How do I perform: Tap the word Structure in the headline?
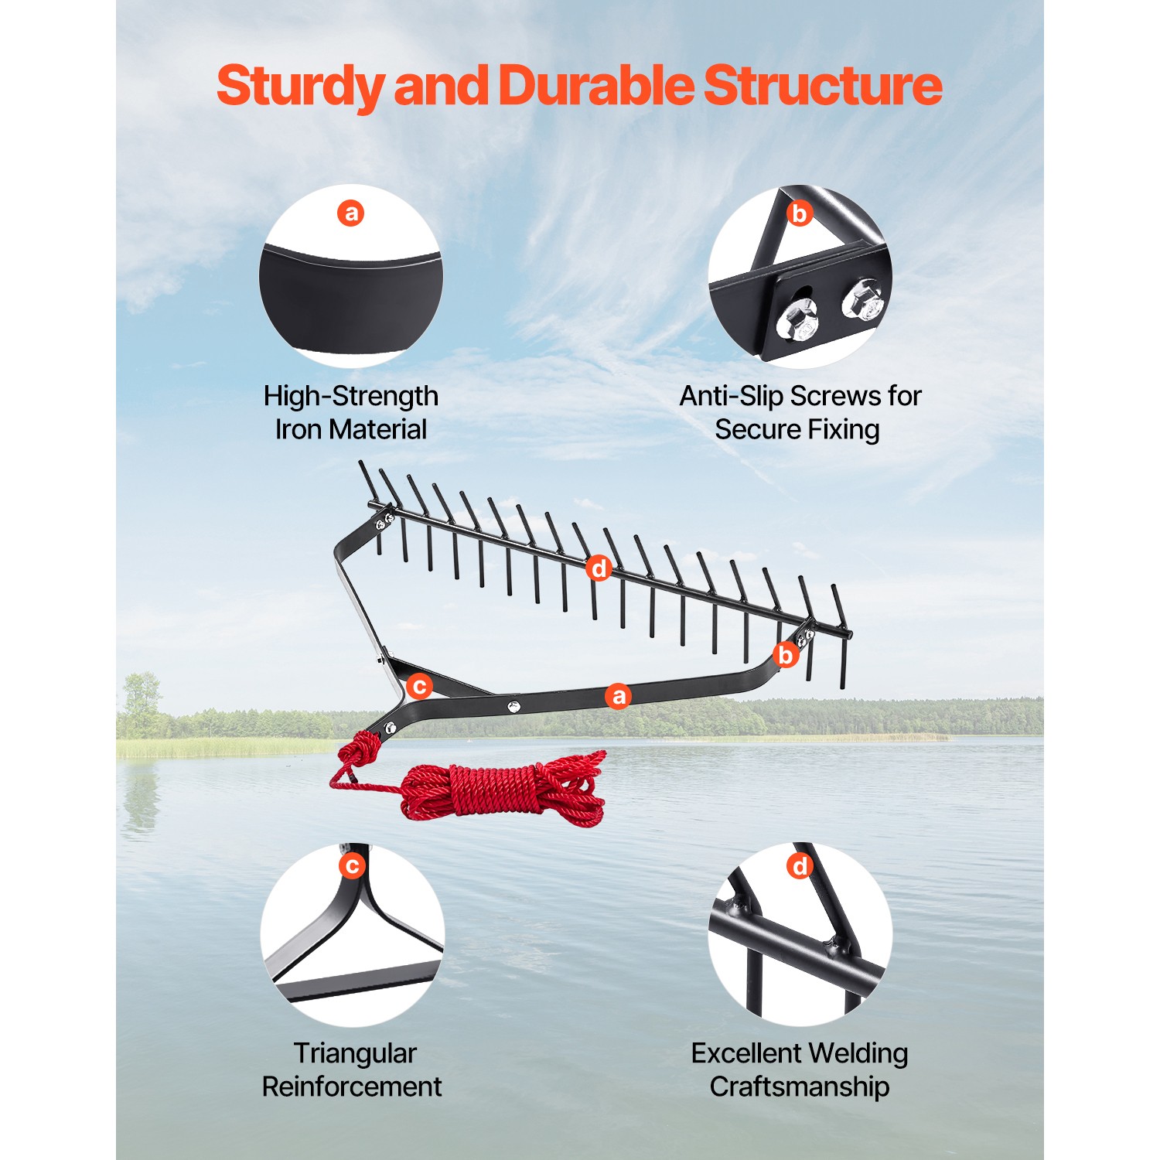822,85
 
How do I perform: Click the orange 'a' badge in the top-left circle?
351,213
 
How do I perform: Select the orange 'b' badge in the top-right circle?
800,213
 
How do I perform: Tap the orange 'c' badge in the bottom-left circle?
352,865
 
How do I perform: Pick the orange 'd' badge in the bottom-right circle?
800,865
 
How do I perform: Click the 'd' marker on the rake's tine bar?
599,568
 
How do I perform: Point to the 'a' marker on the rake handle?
618,696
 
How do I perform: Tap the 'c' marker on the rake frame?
419,686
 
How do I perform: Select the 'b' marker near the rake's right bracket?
786,655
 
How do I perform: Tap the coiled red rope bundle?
503,790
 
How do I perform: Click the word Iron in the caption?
297,429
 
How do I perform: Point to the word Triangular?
354,1053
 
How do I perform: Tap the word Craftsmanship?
799,1087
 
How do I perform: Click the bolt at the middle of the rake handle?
513,706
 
